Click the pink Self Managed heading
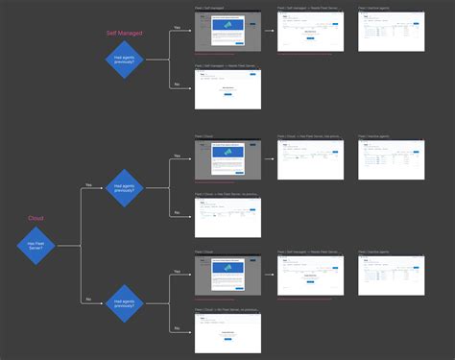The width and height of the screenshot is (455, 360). [124, 33]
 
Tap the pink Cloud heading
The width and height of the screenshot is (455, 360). [36, 218]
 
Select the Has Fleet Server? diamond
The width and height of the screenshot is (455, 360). [36, 246]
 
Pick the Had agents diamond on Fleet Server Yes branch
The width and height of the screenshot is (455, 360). [125, 187]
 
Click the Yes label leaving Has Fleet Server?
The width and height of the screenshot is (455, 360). [88, 184]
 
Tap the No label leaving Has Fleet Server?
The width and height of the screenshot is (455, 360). [88, 300]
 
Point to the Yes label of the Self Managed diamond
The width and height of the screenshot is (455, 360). [177, 28]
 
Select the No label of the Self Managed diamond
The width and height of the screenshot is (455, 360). [177, 84]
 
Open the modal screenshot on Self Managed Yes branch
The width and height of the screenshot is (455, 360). [227, 34]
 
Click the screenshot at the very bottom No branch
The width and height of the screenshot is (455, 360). [227, 335]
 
